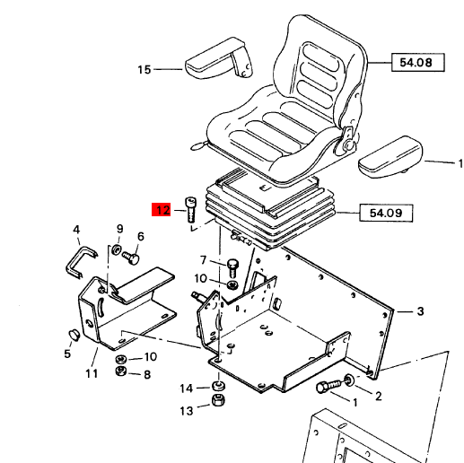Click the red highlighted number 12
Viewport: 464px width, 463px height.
click(162, 212)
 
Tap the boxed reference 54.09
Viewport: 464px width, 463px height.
click(380, 213)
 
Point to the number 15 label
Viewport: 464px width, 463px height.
click(144, 69)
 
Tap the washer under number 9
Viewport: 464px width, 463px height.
click(117, 249)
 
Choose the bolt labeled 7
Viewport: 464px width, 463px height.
click(232, 266)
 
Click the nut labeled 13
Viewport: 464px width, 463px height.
click(216, 401)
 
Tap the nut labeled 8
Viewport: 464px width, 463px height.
click(118, 374)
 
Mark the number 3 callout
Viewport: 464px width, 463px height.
click(419, 311)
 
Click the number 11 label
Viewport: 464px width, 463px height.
click(92, 373)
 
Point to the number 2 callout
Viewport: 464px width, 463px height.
click(378, 396)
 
